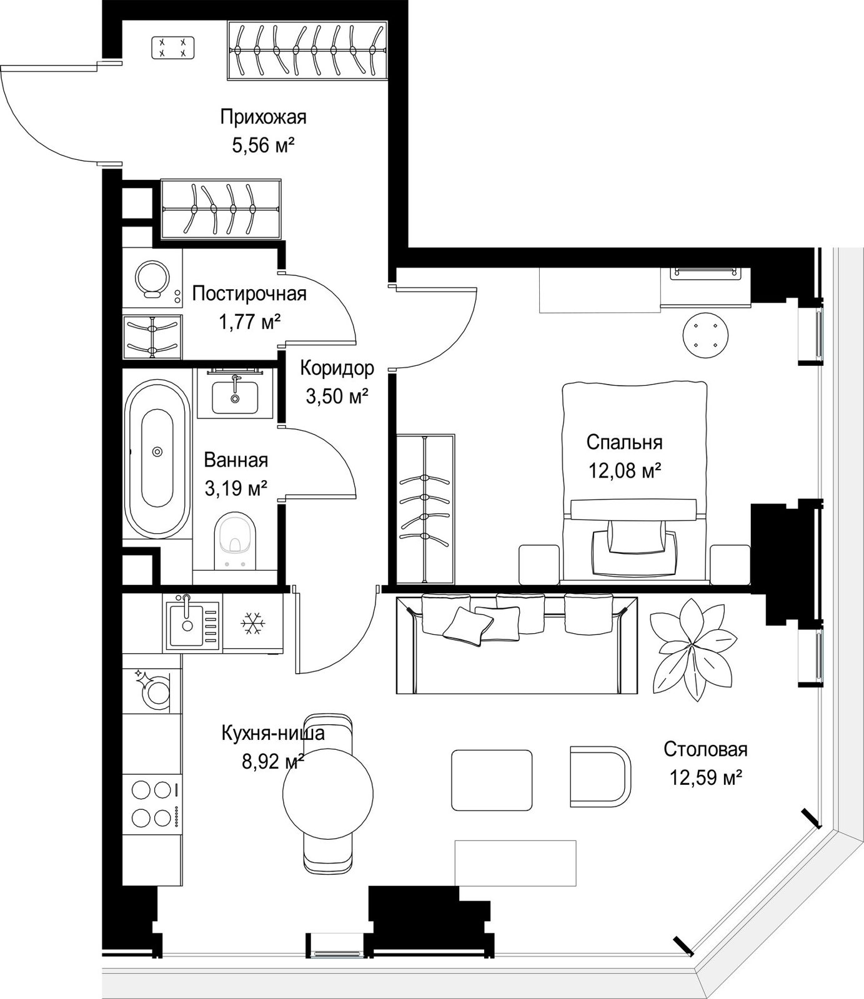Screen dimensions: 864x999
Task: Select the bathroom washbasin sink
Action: tap(235, 396)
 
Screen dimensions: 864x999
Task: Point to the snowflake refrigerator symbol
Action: tap(252, 623)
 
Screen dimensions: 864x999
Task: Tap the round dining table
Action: tap(328, 793)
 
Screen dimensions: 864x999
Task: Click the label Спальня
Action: tap(624, 442)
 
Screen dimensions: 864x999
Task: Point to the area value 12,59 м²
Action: tap(706, 777)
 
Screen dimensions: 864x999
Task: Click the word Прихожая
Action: tap(263, 117)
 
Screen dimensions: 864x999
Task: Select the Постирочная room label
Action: tap(249, 293)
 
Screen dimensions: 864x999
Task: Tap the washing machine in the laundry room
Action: tap(152, 278)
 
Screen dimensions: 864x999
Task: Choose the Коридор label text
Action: tap(337, 368)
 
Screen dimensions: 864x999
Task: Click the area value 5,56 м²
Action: tap(263, 145)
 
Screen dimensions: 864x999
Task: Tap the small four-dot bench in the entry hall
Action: tap(173, 47)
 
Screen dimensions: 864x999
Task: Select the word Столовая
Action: tap(705, 749)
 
